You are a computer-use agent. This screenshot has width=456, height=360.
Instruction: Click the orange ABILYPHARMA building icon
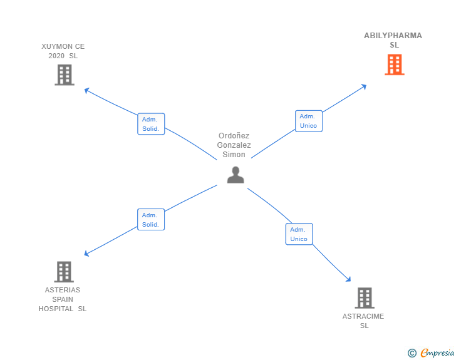tap(394, 64)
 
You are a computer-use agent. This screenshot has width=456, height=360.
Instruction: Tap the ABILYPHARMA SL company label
tap(393, 40)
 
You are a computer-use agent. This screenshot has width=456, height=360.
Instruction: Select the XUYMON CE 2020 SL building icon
tap(64, 75)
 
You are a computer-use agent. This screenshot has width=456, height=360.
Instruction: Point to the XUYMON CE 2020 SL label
tap(63, 51)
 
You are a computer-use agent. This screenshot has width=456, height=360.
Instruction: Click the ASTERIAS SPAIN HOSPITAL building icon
tap(64, 272)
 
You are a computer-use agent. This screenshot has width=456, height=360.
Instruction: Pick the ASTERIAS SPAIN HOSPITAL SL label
tap(63, 299)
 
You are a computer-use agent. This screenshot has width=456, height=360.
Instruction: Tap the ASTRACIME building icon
tap(364, 298)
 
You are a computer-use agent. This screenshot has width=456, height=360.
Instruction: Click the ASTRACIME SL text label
tap(363, 321)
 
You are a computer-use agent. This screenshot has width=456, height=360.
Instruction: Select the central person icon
tap(236, 175)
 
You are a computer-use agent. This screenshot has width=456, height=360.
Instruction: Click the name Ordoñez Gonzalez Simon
tap(234, 145)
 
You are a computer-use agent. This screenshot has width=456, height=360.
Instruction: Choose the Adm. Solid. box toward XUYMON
tap(151, 124)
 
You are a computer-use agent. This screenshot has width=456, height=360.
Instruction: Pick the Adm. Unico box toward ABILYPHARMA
tap(308, 121)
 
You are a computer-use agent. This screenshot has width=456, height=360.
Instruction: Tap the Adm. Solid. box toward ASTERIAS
tap(151, 220)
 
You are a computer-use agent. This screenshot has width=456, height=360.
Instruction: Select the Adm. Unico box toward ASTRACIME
tap(299, 234)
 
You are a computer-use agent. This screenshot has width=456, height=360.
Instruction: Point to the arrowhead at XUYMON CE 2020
tap(86, 90)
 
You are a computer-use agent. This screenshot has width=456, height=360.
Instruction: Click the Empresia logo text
tap(437, 353)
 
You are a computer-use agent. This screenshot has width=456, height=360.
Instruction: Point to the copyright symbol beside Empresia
tap(412, 353)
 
